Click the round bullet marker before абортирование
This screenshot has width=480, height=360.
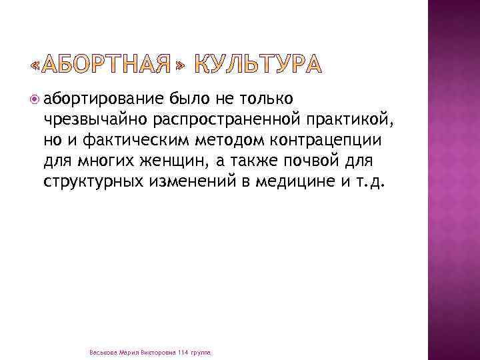(x=35, y=100)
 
